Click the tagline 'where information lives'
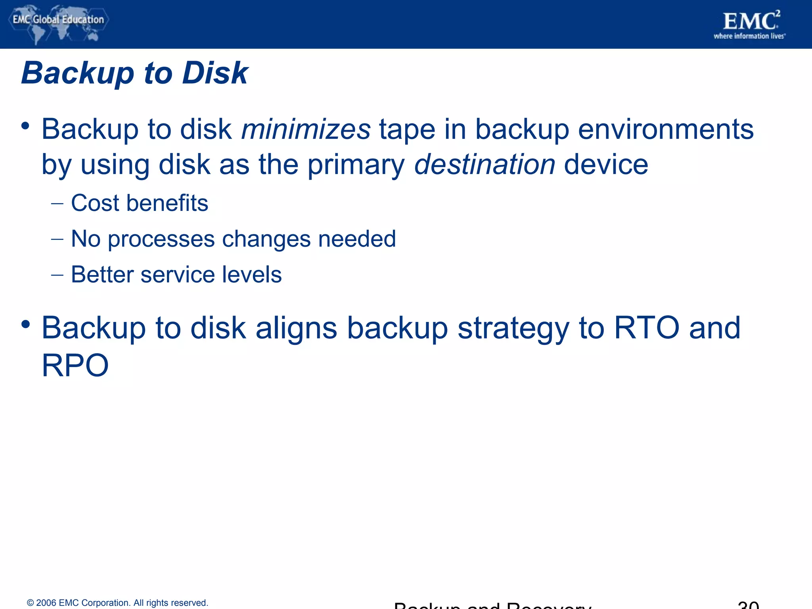point(749,36)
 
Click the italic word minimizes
point(306,129)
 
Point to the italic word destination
point(485,165)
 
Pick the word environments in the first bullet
point(666,129)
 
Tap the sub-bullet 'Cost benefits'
point(139,203)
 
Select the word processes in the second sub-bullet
point(161,239)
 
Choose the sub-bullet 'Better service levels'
point(176,274)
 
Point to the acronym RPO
point(75,365)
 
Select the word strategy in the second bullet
point(513,329)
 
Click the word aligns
point(296,329)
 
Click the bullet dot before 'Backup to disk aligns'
point(26,324)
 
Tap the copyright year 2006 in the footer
point(46,603)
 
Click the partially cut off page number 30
point(748,605)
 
